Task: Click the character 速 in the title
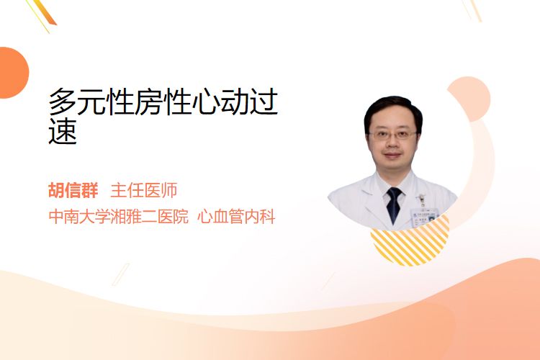click(x=63, y=131)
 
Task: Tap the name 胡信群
click(x=73, y=190)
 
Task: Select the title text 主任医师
click(x=144, y=190)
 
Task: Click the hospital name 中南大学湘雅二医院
click(x=119, y=217)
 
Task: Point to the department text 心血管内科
click(x=236, y=217)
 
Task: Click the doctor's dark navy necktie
click(x=394, y=204)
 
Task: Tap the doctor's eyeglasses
click(x=392, y=135)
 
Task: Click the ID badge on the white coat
click(x=424, y=215)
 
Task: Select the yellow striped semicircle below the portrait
click(x=410, y=241)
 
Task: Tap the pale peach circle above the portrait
click(x=471, y=98)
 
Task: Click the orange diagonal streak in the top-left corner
click(x=43, y=13)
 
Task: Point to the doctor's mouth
click(x=392, y=155)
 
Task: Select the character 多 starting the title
click(x=63, y=102)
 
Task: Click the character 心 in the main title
click(x=206, y=102)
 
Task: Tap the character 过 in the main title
click(x=264, y=102)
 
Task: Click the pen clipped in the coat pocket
click(x=421, y=199)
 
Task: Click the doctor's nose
click(x=392, y=144)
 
